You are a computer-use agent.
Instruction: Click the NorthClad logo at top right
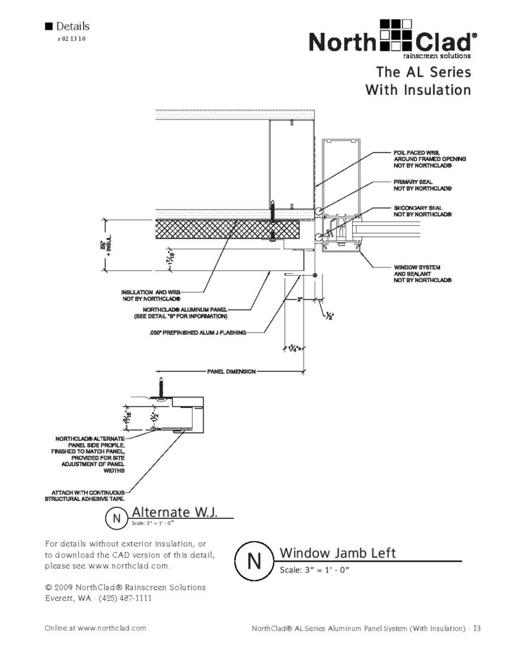(393, 39)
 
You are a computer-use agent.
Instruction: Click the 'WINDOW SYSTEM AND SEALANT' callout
(422, 274)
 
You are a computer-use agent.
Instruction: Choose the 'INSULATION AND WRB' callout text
(151, 296)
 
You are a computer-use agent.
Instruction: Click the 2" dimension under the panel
(300, 300)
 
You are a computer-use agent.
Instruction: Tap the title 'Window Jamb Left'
(337, 553)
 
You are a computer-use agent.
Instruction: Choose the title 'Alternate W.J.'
(173, 512)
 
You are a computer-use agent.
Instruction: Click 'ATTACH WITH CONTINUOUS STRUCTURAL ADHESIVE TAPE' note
(85, 495)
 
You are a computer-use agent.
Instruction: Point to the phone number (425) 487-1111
(125, 598)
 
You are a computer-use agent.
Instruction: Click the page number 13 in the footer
(476, 627)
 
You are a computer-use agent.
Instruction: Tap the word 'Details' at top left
(72, 26)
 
